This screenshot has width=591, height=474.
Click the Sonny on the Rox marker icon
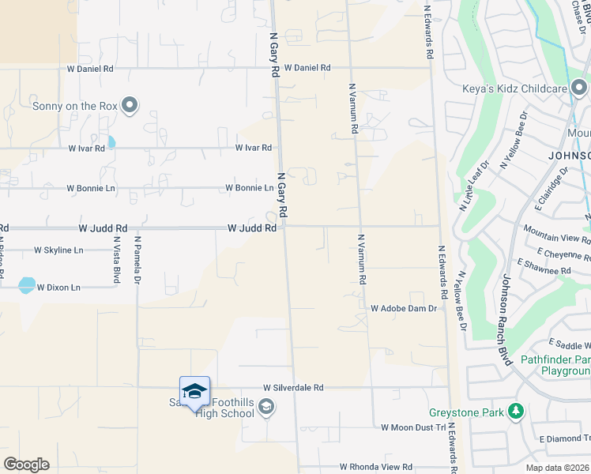[x=130, y=105]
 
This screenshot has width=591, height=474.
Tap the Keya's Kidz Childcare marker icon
[x=579, y=88]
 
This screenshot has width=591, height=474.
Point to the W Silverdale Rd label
[x=292, y=388]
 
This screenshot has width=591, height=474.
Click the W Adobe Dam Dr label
[x=404, y=308]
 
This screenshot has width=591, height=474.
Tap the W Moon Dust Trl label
[x=413, y=427]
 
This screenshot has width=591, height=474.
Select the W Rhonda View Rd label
[x=376, y=468]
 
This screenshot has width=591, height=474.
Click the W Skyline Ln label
[x=58, y=250]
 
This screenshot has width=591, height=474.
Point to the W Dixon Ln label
[x=58, y=288]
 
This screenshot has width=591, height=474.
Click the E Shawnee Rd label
[x=544, y=271]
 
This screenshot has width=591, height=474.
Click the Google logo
[x=26, y=465]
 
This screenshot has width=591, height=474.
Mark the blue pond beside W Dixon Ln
[x=27, y=284]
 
